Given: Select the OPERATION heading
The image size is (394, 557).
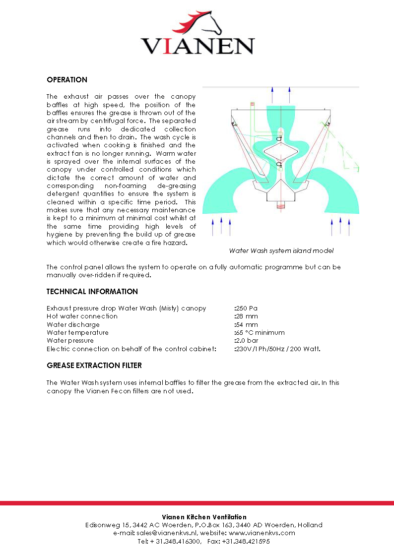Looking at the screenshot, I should (67, 80).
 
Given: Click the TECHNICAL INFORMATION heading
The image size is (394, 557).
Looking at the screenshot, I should (92, 292).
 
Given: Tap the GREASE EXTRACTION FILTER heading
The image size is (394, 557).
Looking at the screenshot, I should (94, 366).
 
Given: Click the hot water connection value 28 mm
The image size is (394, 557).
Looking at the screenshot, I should (246, 316).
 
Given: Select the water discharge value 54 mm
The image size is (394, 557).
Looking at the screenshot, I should (246, 324).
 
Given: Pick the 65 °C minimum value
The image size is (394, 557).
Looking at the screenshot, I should (260, 332).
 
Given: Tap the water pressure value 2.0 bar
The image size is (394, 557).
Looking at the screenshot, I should (246, 341).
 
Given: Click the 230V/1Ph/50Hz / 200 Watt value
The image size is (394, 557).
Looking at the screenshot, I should (277, 349).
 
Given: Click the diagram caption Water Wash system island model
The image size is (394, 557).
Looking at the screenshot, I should (281, 250).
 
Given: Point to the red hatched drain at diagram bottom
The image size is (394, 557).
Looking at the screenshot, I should (280, 205).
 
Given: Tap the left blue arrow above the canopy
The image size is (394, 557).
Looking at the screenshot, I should (272, 94).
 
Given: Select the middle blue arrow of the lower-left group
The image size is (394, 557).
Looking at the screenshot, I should (221, 226).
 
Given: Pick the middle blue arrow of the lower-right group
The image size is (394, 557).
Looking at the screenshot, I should (340, 226).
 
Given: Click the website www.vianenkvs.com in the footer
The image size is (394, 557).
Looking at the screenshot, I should (262, 533).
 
